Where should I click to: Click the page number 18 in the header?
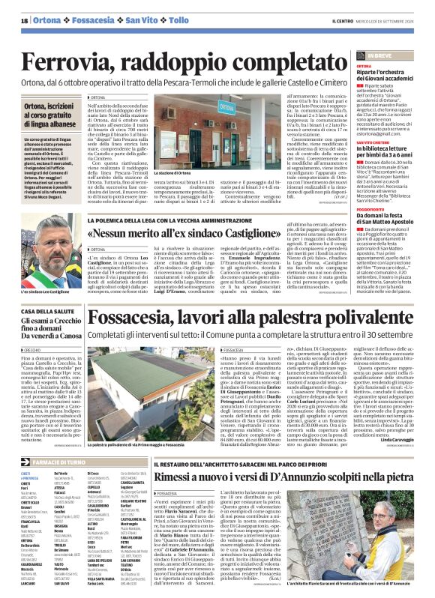coord(24,20)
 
